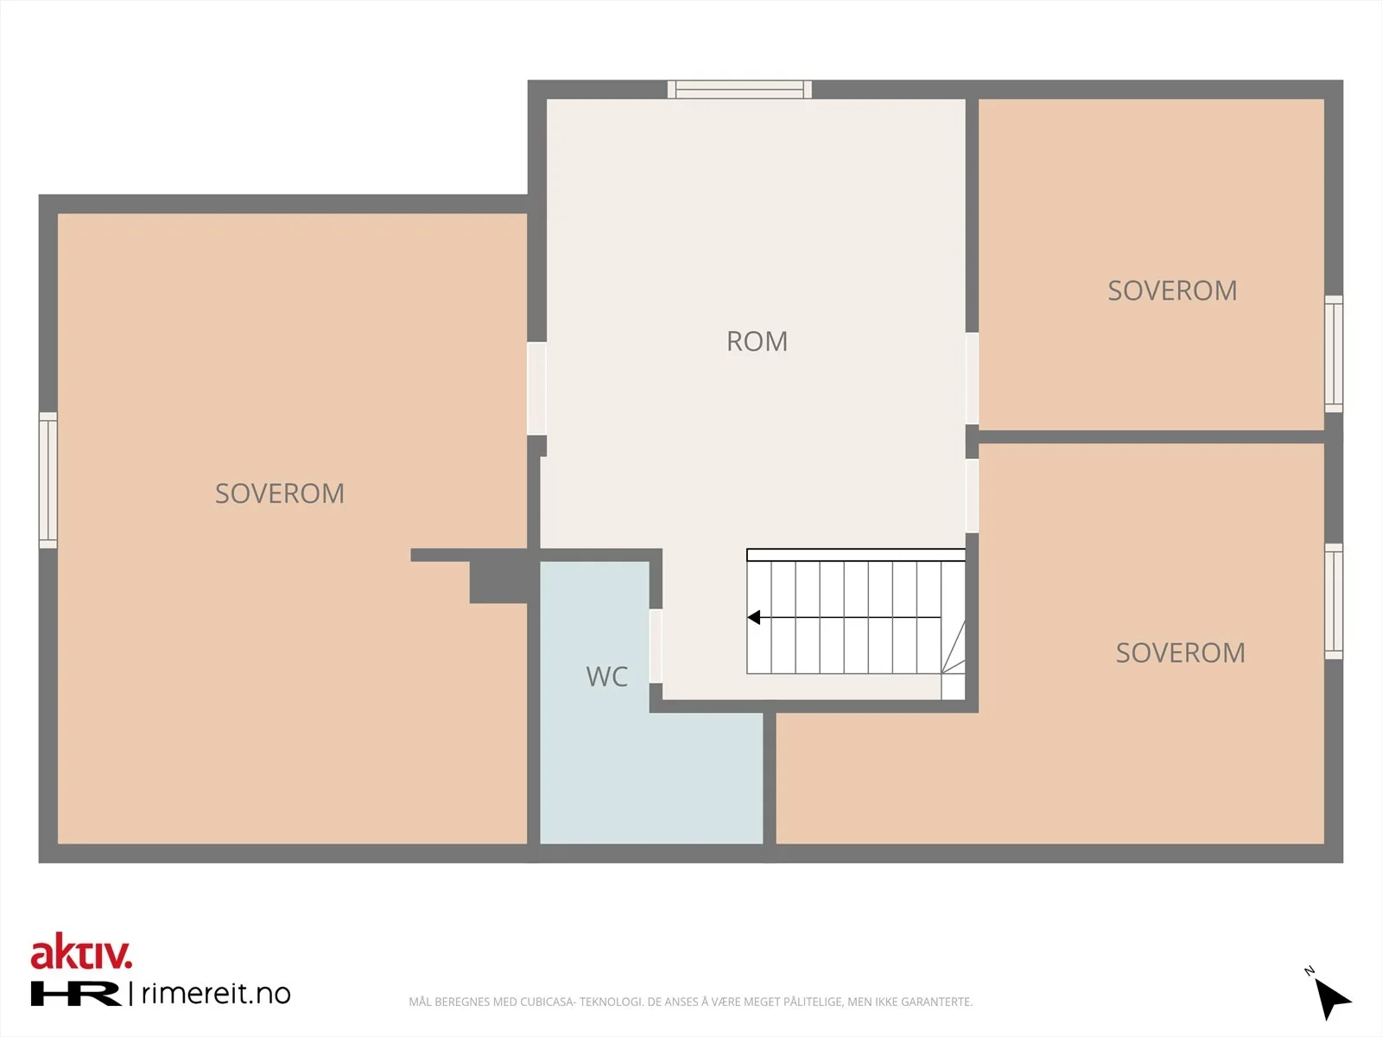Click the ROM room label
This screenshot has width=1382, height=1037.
[x=757, y=341]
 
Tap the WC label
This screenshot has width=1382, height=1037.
[x=607, y=677]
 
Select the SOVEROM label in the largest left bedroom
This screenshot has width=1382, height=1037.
[x=280, y=493]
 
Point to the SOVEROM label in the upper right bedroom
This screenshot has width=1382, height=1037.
[x=1172, y=291]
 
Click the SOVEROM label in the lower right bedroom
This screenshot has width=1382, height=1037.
[x=1181, y=653]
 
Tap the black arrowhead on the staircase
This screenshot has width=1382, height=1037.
[x=754, y=617]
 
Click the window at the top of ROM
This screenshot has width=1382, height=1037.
[x=739, y=89]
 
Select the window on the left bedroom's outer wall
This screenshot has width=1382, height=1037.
[x=48, y=480]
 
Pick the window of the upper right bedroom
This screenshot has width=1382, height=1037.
[x=1334, y=353]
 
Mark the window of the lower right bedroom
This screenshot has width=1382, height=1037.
[x=1334, y=601]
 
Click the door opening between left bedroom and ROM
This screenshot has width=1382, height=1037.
[x=536, y=389]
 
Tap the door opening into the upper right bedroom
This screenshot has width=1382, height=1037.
[x=972, y=379]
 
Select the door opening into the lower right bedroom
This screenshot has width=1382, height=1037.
[x=972, y=496]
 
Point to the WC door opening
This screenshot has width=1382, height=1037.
[x=656, y=646]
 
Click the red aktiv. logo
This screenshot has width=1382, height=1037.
[x=81, y=951]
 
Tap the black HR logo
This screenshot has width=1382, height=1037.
[x=75, y=994]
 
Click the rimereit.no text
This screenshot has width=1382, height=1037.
[x=216, y=994]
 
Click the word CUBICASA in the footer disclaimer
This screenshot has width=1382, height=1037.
[x=547, y=1002]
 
